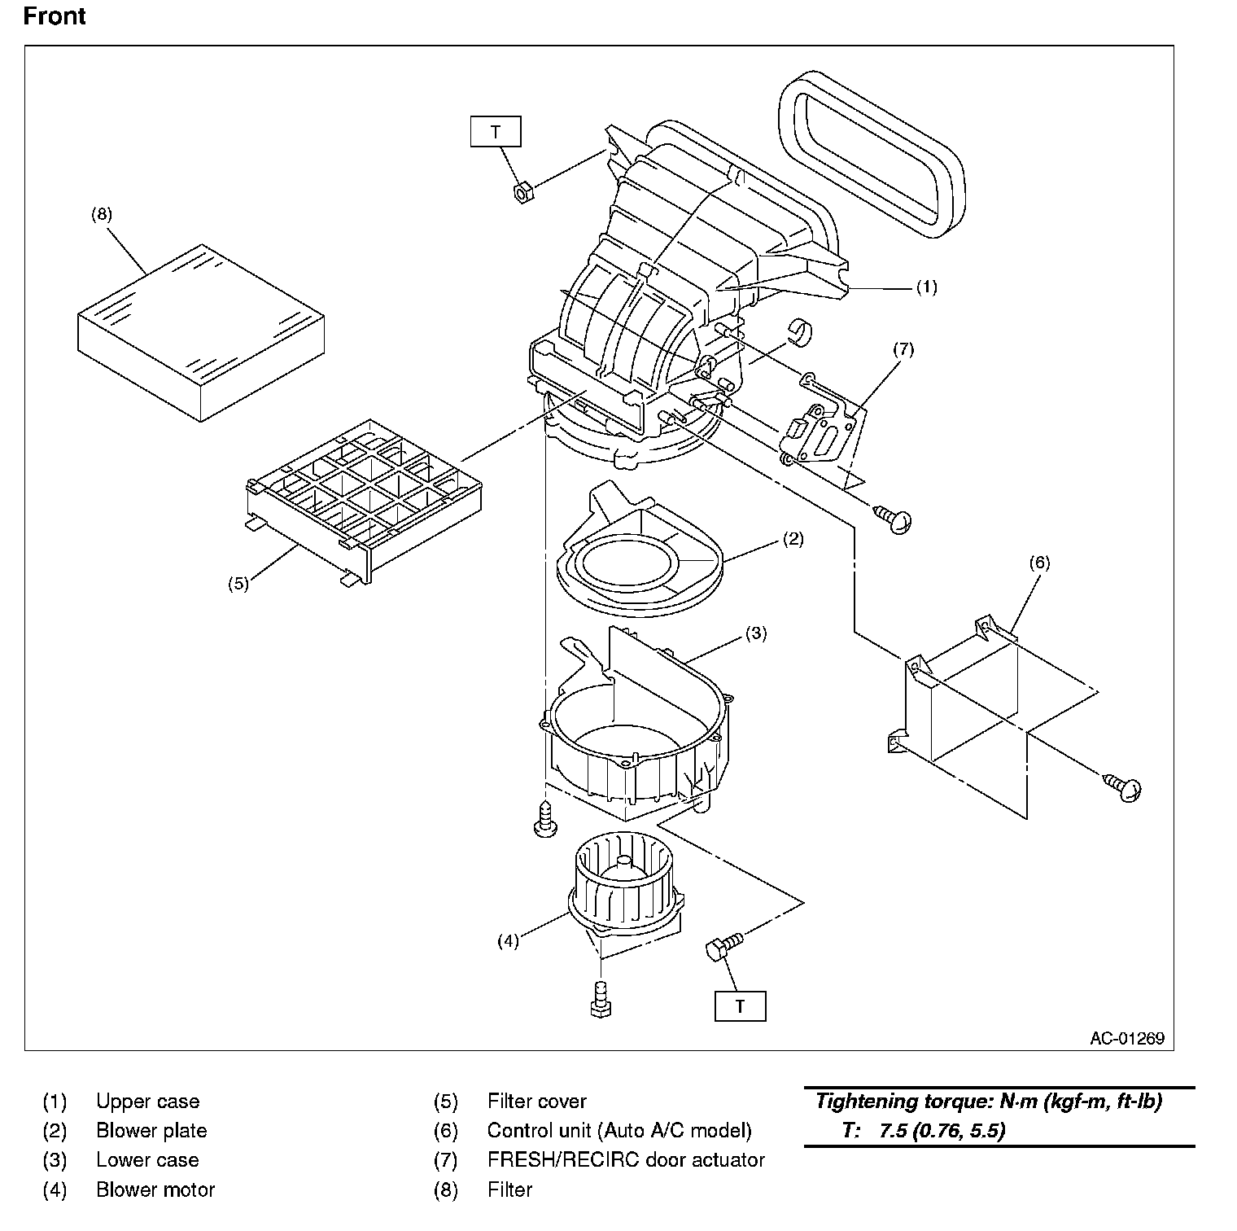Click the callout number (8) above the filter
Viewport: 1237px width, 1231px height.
[x=102, y=215]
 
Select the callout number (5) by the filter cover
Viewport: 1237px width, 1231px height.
[x=238, y=584]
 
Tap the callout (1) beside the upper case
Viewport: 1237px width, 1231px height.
[x=927, y=287]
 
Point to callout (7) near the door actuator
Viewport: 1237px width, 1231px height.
[x=903, y=349]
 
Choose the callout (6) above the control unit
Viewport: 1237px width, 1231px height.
[x=1039, y=562]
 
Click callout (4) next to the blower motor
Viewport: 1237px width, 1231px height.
[x=508, y=941]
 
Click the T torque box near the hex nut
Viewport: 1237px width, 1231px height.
[x=496, y=132]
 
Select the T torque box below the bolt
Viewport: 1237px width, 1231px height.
[x=740, y=1006]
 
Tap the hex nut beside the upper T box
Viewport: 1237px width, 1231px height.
[x=522, y=194]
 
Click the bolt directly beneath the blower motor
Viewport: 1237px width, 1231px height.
[x=600, y=999]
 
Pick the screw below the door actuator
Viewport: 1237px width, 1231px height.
[x=894, y=517]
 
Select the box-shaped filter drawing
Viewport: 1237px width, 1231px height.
[x=201, y=332]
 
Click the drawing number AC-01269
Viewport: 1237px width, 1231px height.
[x=1127, y=1038]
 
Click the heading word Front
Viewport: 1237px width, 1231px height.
[x=55, y=16]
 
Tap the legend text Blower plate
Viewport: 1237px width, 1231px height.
[x=151, y=1131]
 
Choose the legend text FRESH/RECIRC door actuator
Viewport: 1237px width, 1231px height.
[x=626, y=1160]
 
